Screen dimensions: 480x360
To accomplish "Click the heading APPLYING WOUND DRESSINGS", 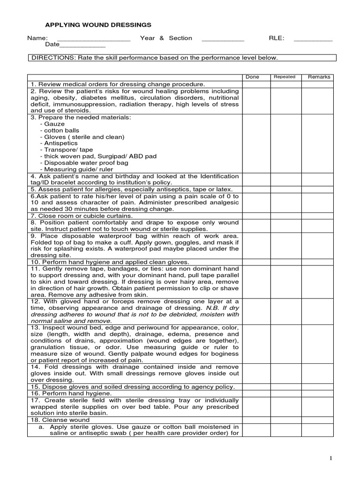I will tap(98, 25).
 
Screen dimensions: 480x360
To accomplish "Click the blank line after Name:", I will tap(93, 39).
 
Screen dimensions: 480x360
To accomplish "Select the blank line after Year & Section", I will tap(223, 39).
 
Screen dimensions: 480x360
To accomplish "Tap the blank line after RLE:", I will tap(313, 39).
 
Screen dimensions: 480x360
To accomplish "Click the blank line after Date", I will tap(83, 45).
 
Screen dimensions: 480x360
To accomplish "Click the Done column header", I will tap(252, 77).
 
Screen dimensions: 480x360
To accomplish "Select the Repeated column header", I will tap(285, 77).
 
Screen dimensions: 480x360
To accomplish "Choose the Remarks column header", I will tap(319, 77).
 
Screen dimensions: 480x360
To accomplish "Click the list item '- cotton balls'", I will tap(60, 130).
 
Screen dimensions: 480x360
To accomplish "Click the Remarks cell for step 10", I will tap(317, 262).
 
